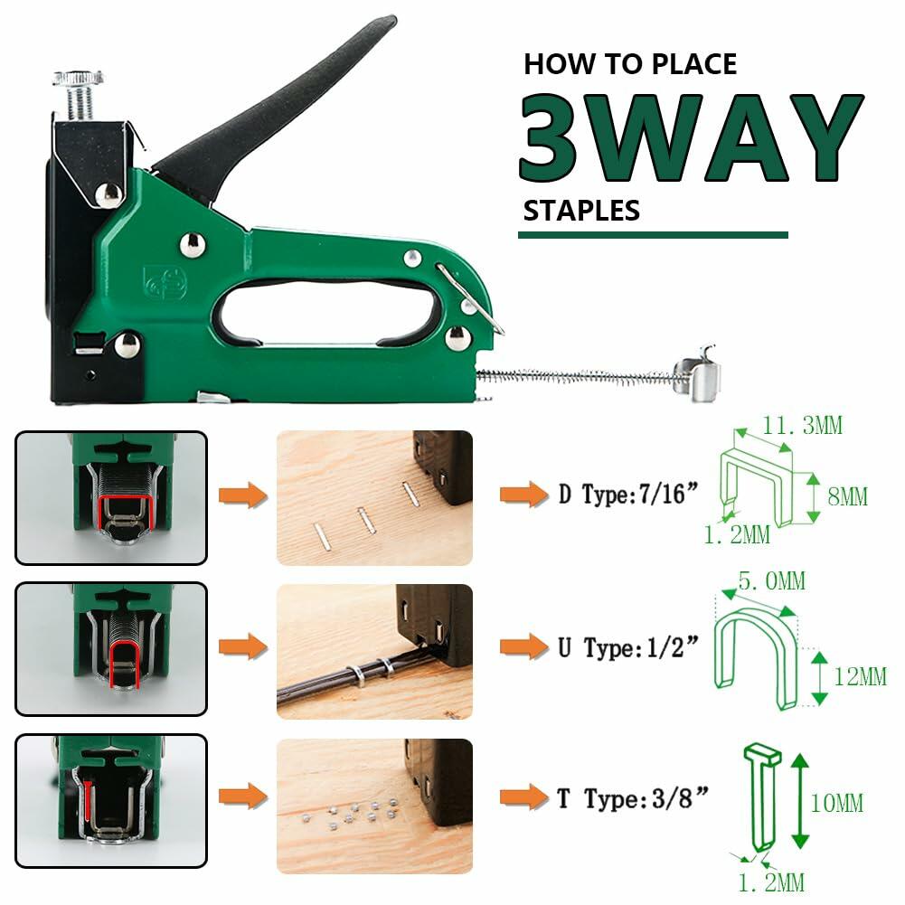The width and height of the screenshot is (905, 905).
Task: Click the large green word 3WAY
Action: pos(691,137)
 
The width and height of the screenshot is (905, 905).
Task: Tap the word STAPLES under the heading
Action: pos(581,211)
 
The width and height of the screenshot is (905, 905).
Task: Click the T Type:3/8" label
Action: pos(629,798)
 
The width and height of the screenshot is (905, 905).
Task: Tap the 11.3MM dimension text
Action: pos(799,424)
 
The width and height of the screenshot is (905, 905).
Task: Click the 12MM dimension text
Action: pos(860,674)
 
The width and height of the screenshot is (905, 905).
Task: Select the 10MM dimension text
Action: pos(836,803)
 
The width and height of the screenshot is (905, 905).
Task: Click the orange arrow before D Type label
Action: pos(523,495)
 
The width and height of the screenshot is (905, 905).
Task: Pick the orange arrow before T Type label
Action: pos(523,797)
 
